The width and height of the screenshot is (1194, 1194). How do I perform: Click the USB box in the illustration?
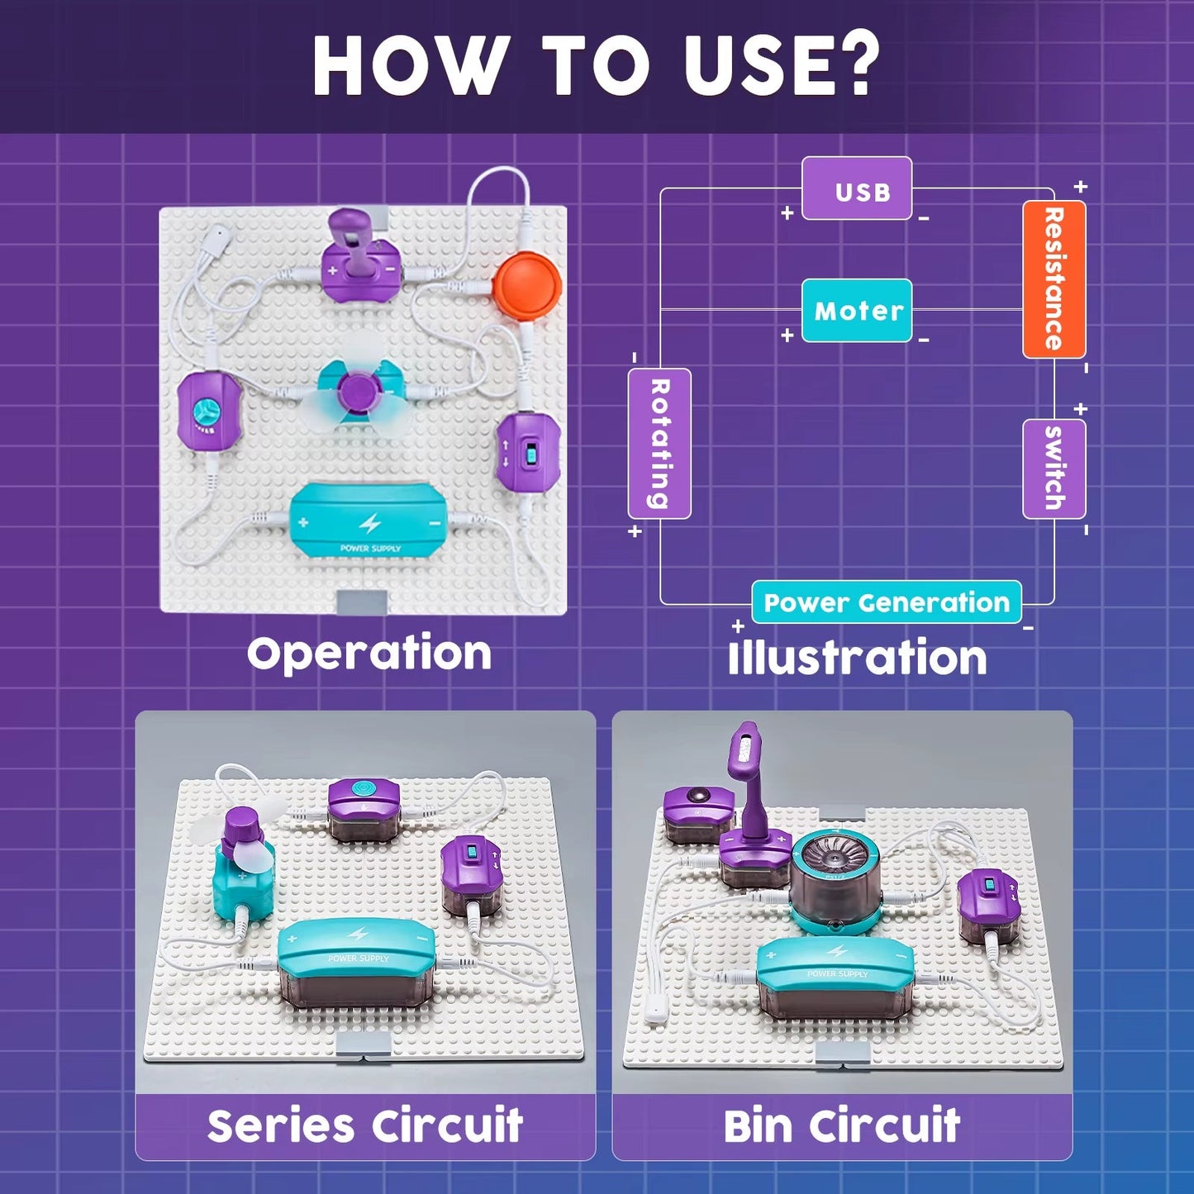pyautogui.click(x=857, y=189)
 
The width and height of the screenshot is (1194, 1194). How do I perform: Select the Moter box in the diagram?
pyautogui.click(x=857, y=311)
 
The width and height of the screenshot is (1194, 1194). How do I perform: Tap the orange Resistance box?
pyautogui.click(x=1054, y=279)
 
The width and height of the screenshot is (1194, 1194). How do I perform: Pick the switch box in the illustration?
pyautogui.click(x=1054, y=469)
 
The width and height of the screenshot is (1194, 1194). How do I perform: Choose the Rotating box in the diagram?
pyautogui.click(x=659, y=443)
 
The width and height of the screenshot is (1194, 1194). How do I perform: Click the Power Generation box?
pyautogui.click(x=886, y=602)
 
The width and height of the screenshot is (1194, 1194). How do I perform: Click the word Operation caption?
pyautogui.click(x=369, y=653)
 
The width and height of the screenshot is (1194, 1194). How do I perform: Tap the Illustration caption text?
pyautogui.click(x=857, y=659)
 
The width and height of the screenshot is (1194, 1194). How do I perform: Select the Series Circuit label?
pyautogui.click(x=365, y=1125)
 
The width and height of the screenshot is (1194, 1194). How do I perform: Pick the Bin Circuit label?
pyautogui.click(x=841, y=1125)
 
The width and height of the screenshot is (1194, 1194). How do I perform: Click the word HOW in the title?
pyautogui.click(x=409, y=66)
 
